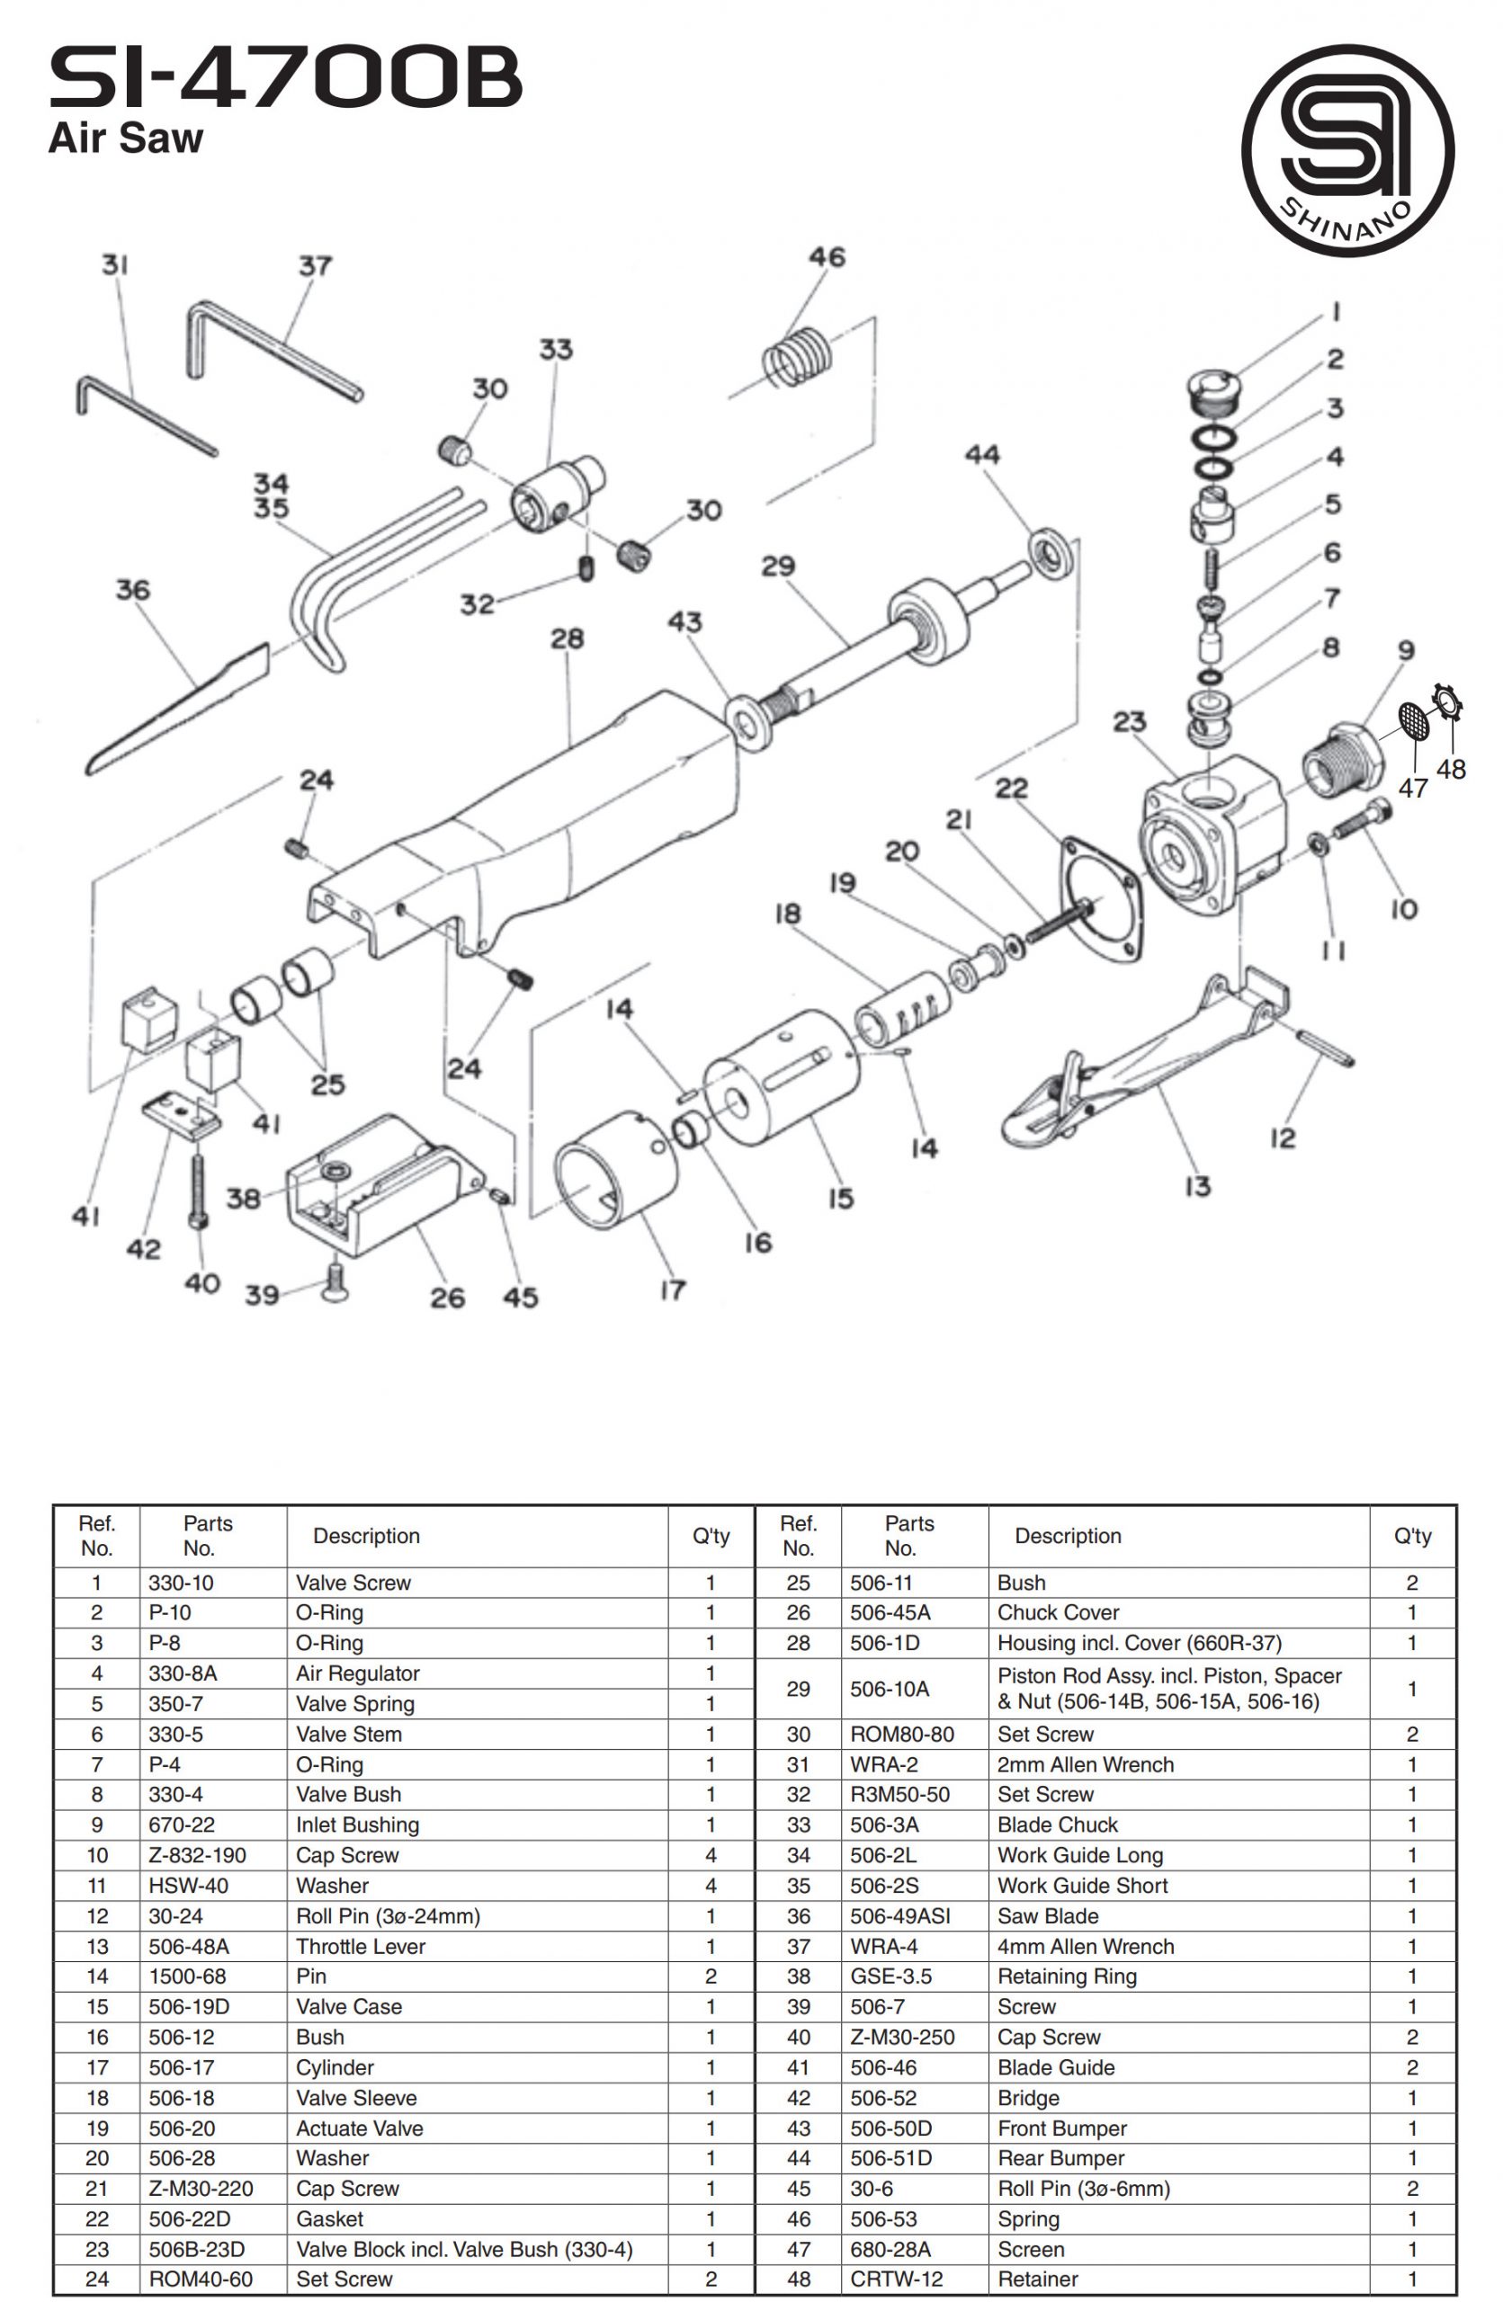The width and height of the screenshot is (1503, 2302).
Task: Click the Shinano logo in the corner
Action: coord(1346,151)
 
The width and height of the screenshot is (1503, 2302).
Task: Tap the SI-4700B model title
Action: coord(285,79)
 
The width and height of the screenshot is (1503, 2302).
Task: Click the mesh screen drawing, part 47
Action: coord(1414,720)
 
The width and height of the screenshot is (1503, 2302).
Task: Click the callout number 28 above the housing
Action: coord(567,638)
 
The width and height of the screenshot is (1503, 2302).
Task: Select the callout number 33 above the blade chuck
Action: coord(555,349)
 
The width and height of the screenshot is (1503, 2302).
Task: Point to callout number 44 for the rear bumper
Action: coord(981,455)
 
